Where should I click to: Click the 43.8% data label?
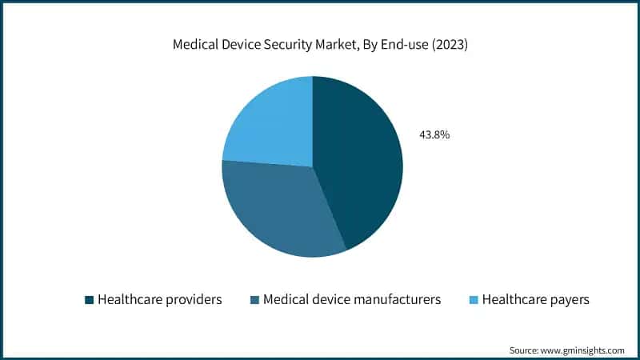[434, 135]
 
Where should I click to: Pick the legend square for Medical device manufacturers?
[254, 300]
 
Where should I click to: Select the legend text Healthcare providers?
[159, 300]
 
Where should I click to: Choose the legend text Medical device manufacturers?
[352, 300]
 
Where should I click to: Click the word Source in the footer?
[525, 350]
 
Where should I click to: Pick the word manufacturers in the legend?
[399, 300]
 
